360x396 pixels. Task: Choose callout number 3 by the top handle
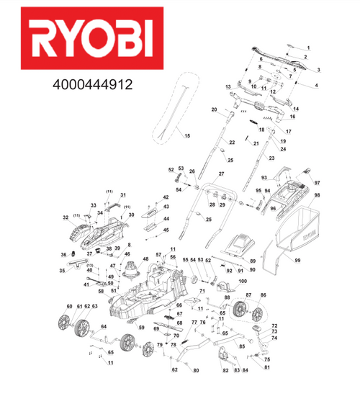pyautogui.click(x=318, y=68)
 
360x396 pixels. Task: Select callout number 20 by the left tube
pyautogui.click(x=214, y=109)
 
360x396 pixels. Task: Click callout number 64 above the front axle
pyautogui.click(x=103, y=328)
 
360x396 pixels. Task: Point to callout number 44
pyautogui.click(x=166, y=218)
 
